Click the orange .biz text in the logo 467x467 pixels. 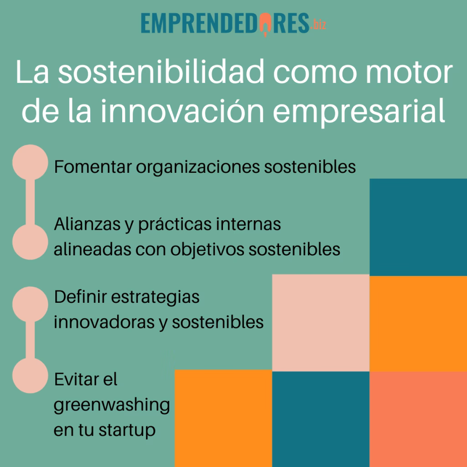coord(318,25)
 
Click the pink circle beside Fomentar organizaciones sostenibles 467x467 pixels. coord(30,161)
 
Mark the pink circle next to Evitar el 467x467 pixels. coord(30,375)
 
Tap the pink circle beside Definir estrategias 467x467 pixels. coord(30,303)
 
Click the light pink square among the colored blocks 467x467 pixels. coord(321,322)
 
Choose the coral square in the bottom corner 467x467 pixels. coord(418,419)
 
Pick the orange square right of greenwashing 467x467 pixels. coord(223,418)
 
